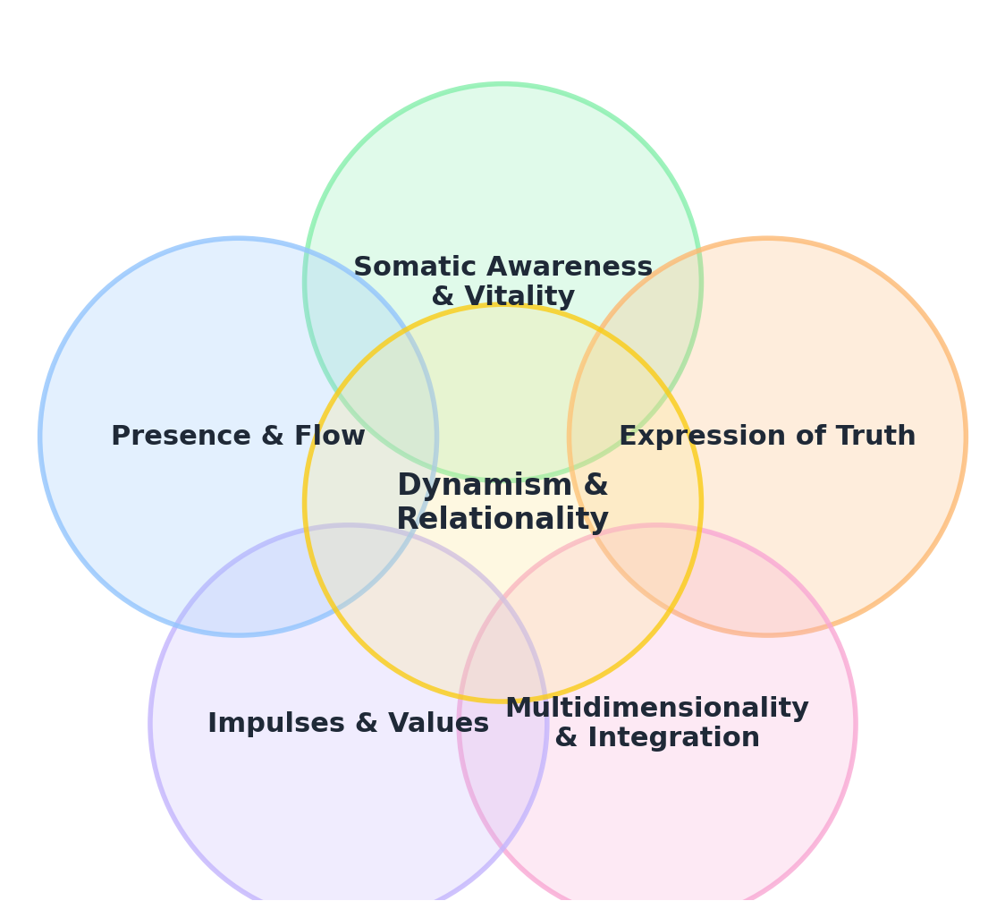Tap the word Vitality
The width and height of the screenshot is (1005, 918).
(x=519, y=297)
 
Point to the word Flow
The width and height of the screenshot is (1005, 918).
(x=330, y=437)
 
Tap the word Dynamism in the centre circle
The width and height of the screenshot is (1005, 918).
(x=484, y=486)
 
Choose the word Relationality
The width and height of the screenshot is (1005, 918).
(x=502, y=520)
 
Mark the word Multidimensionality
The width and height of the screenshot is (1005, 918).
(x=657, y=709)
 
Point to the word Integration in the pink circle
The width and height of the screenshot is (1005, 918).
(x=671, y=738)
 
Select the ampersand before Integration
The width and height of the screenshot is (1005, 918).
(x=566, y=738)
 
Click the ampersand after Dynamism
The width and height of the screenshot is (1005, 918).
(x=595, y=486)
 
